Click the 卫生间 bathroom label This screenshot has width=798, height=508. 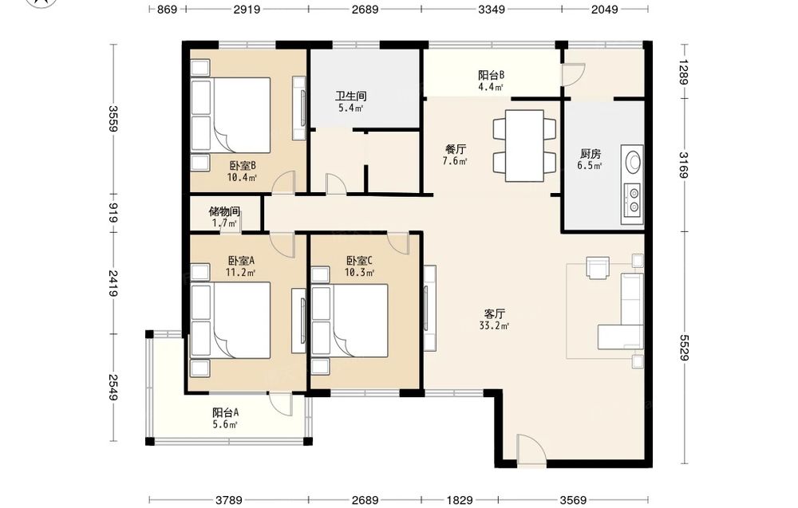click(350, 96)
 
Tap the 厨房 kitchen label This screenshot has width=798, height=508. click(591, 153)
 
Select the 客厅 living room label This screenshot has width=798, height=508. click(494, 313)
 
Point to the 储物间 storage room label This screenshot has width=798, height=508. click(224, 211)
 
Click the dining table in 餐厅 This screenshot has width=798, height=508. click(524, 146)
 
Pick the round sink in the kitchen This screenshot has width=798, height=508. click(634, 162)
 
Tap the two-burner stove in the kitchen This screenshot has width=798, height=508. click(633, 200)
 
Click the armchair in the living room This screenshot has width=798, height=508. click(598, 267)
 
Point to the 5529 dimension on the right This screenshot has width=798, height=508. click(684, 348)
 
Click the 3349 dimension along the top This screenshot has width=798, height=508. click(491, 9)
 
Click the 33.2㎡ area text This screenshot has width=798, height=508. click(494, 325)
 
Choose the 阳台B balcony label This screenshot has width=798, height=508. click(491, 75)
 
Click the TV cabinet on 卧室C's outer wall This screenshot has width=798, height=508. click(429, 308)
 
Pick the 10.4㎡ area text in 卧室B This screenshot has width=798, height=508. click(242, 178)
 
